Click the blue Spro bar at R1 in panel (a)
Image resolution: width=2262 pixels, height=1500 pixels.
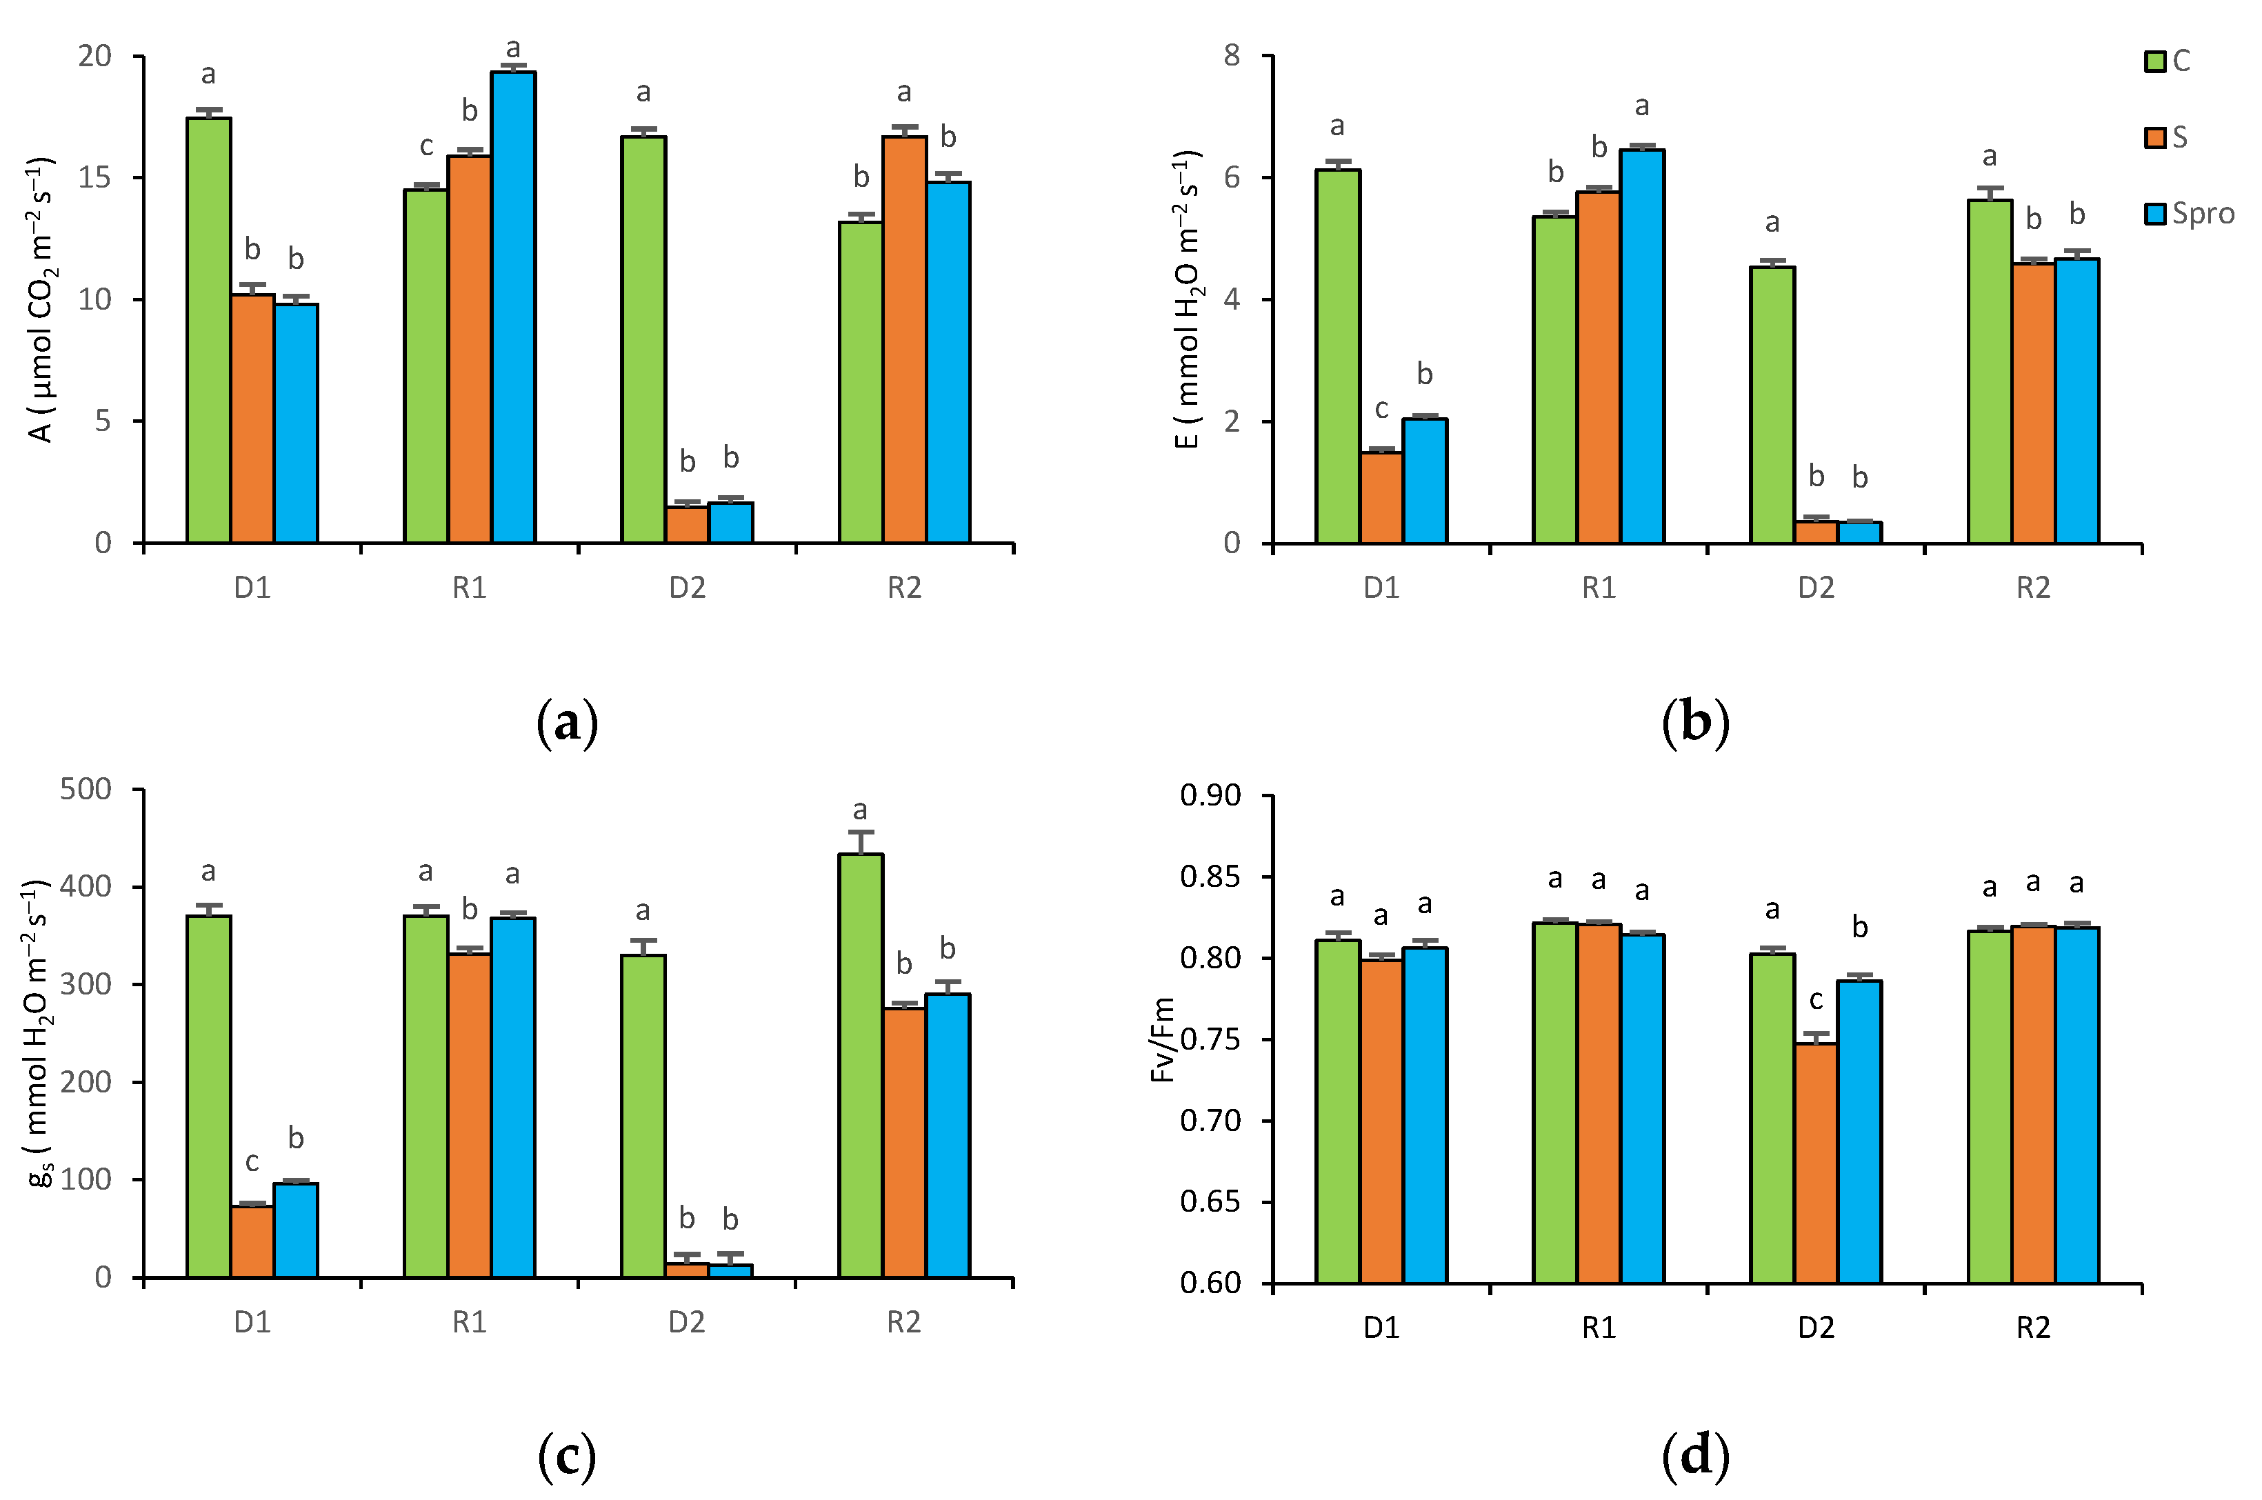pos(514,306)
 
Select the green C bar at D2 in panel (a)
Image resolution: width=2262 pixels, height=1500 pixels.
pos(643,339)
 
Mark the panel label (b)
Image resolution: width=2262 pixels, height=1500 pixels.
pos(1695,723)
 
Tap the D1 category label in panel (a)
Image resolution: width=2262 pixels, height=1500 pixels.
pos(252,588)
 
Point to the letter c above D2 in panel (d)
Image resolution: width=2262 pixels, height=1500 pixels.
pos(1814,1001)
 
